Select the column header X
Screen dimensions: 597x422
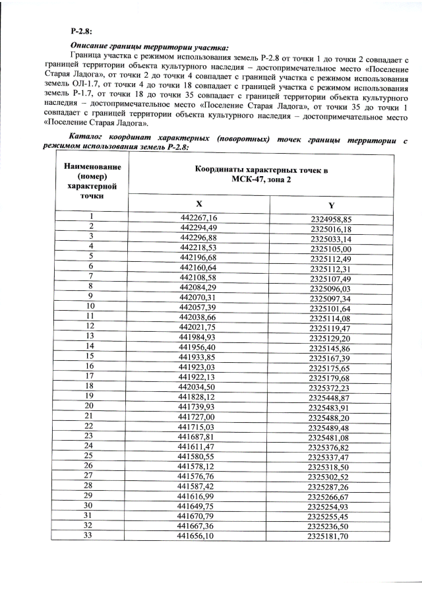(198, 204)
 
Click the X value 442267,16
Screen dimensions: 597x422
(198, 218)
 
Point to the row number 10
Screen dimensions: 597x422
(90, 307)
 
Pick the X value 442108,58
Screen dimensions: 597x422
(198, 278)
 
